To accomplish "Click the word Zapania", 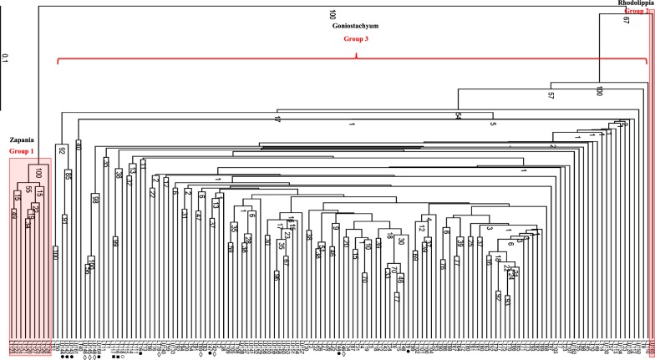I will pyautogui.click(x=23, y=143).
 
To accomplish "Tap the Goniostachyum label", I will pyautogui.click(x=345, y=28).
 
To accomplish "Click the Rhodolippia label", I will pyautogui.click(x=631, y=4).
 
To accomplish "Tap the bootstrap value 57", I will pyautogui.click(x=551, y=95).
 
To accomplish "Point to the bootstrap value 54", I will pyautogui.click(x=459, y=116).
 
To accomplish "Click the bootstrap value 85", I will pyautogui.click(x=68, y=176).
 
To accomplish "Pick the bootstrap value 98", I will pyautogui.click(x=95, y=200).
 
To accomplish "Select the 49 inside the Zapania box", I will pyautogui.click(x=14, y=216).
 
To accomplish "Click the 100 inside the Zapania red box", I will pyautogui.click(x=39, y=173).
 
